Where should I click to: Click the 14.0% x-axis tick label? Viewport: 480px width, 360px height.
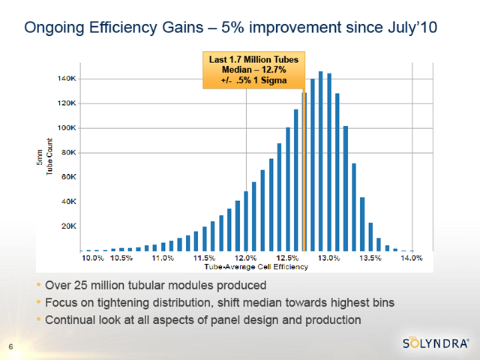tap(412, 258)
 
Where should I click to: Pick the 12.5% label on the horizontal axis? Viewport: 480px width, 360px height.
tap(288, 258)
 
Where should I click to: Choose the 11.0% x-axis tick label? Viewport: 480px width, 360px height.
tap(163, 258)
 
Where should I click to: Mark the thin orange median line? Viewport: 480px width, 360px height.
tap(304, 172)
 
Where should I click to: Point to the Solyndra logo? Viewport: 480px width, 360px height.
tap(436, 344)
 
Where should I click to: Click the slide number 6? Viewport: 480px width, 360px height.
tap(10, 346)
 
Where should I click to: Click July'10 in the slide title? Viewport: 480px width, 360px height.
tap(411, 29)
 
